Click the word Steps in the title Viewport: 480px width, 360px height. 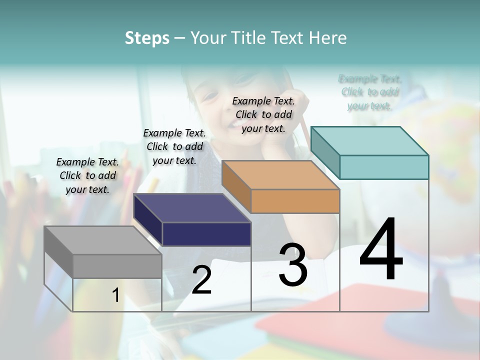coord(147,38)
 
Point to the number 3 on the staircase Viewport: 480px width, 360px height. coord(292,264)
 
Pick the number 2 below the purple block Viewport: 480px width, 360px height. coord(201,280)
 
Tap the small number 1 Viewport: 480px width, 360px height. coord(115,295)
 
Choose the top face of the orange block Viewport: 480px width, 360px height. coord(280,175)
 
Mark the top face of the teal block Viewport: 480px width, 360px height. coord(369,141)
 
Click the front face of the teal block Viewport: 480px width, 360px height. coord(384,167)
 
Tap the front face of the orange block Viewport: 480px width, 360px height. coord(295,201)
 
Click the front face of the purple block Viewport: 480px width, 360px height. coord(206,234)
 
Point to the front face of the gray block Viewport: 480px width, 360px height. coord(117,266)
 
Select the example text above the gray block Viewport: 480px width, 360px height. coord(87,175)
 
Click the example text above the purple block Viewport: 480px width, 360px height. coord(174,146)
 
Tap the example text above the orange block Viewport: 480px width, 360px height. coord(263,114)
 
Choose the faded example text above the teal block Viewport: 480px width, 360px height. coord(370,92)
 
